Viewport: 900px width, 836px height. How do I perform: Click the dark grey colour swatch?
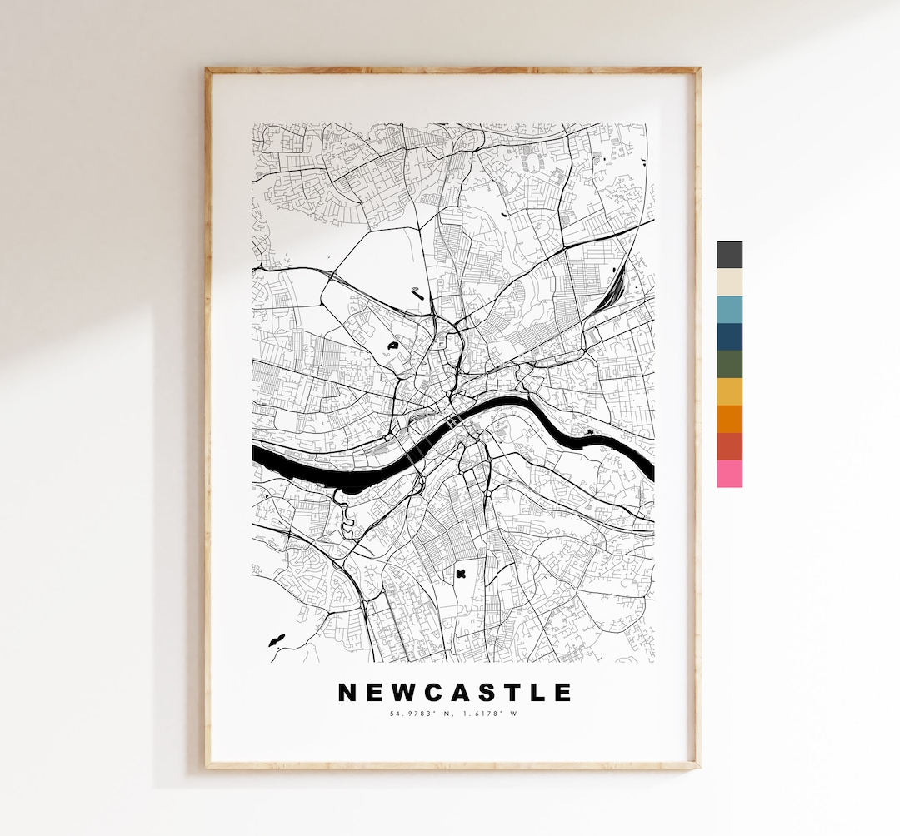coord(729,255)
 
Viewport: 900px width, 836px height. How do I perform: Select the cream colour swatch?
coord(729,282)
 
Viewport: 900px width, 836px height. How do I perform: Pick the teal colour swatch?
coord(729,310)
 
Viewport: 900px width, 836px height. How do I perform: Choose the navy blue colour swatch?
coord(729,336)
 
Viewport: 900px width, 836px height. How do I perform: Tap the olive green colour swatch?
coord(729,364)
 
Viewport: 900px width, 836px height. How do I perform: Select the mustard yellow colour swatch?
coord(729,391)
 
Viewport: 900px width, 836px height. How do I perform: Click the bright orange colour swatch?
coord(729,419)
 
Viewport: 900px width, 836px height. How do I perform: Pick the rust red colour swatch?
coord(729,446)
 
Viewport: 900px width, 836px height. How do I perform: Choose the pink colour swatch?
coord(729,474)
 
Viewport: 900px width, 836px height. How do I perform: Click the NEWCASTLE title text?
coord(454,693)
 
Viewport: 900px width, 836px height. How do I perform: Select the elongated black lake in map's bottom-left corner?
coord(276,640)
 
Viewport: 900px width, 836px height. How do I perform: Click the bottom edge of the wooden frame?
coord(452,764)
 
